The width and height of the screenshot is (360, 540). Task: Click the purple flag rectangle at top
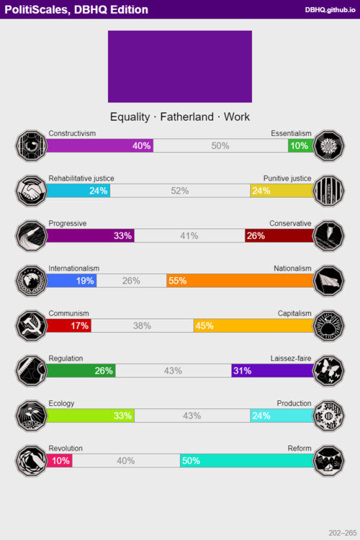(180, 66)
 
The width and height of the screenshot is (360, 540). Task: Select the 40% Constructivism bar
(100, 145)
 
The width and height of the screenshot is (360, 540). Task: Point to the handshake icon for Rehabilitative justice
(31, 191)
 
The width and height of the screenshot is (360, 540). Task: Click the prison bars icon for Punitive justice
(329, 191)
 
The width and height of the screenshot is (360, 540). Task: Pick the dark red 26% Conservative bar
(279, 235)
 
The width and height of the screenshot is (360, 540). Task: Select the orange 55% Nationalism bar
(240, 281)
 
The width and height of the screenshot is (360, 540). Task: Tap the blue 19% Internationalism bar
(71, 281)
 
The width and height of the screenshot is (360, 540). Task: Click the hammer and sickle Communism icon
(31, 325)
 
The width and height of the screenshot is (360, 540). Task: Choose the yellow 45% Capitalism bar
(253, 325)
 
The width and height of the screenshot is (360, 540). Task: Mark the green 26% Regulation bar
(81, 370)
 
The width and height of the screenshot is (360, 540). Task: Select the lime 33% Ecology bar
(91, 415)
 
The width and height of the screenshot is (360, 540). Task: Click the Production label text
(294, 403)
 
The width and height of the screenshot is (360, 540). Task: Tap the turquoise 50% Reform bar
(247, 460)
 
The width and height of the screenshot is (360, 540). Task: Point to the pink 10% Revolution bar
(59, 460)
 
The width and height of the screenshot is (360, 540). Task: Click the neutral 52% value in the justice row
(180, 191)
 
